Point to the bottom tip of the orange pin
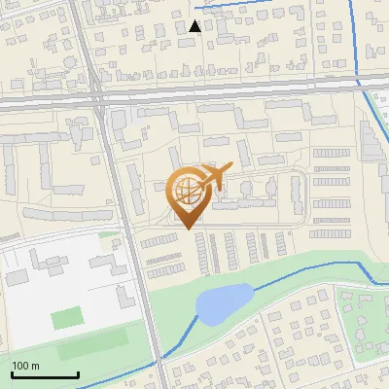188,228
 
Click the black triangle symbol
195,27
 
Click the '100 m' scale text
26,367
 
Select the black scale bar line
45,375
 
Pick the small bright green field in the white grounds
67,317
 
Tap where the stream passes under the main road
156,362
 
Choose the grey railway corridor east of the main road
243,89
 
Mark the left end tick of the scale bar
12,373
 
